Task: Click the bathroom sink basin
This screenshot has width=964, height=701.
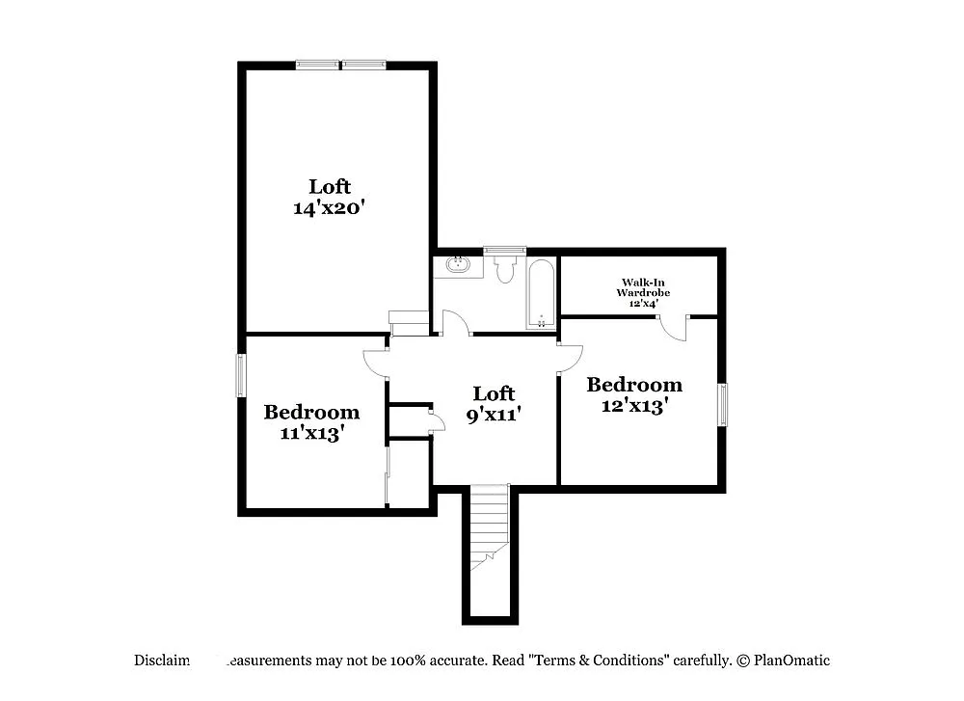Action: [457, 264]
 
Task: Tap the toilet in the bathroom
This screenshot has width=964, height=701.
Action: [504, 270]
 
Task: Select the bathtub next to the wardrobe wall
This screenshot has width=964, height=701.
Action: [540, 293]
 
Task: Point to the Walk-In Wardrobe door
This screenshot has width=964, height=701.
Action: [676, 328]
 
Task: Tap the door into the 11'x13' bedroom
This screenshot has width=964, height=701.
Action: [376, 361]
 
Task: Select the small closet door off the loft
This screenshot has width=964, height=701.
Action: [436, 419]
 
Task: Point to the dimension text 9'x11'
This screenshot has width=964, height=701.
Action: [494, 416]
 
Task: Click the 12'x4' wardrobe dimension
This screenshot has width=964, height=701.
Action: [643, 303]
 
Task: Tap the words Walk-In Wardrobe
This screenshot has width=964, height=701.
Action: [643, 287]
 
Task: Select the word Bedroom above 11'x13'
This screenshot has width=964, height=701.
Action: [311, 413]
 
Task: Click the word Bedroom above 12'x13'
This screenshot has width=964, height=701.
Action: [634, 385]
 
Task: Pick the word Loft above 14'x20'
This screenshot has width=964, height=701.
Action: [330, 185]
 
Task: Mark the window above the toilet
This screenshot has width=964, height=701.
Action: [504, 251]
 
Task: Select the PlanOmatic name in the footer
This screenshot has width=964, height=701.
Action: [791, 661]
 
